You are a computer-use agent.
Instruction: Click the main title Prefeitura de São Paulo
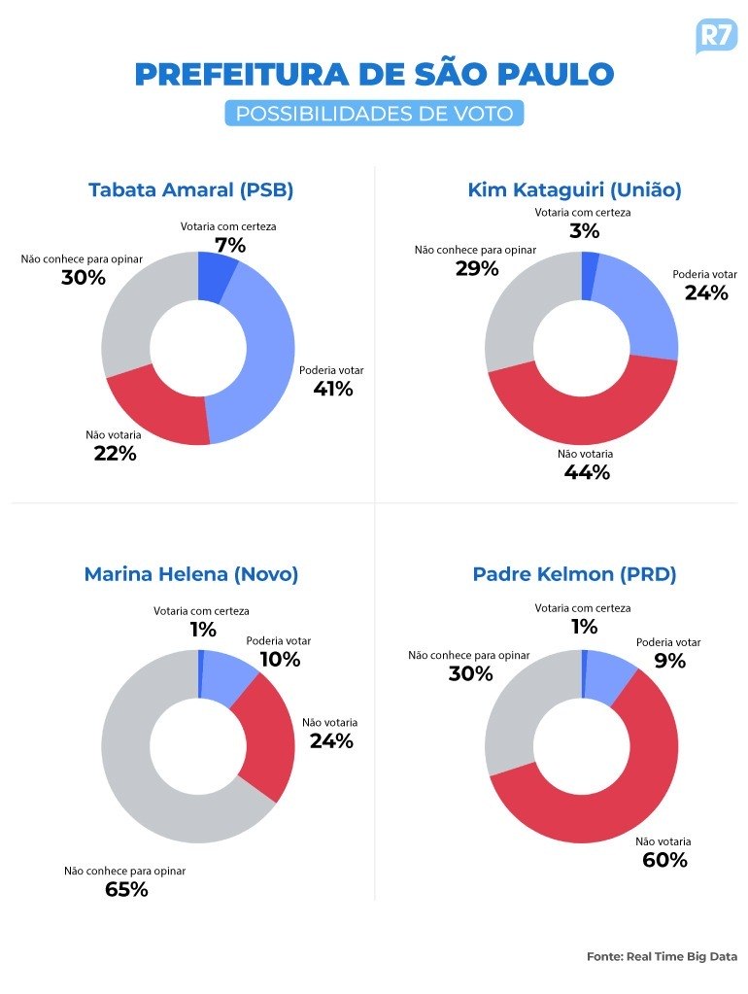[x=374, y=75]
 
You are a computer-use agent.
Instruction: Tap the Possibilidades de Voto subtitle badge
[x=374, y=113]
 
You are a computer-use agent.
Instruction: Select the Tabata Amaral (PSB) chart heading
[x=190, y=189]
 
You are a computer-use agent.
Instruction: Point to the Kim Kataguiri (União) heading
[x=574, y=189]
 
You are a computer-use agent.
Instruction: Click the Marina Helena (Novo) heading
[x=190, y=574]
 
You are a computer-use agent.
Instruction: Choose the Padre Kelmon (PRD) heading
[x=574, y=574]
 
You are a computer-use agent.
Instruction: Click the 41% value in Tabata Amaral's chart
[x=332, y=389]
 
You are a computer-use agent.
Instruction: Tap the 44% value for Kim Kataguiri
[x=586, y=472]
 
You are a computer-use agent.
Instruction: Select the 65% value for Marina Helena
[x=126, y=889]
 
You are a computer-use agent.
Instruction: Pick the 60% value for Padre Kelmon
[x=664, y=860]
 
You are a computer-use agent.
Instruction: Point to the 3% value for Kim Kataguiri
[x=584, y=231]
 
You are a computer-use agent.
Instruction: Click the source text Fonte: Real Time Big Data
[x=662, y=956]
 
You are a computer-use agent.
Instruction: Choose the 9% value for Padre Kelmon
[x=669, y=661]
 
